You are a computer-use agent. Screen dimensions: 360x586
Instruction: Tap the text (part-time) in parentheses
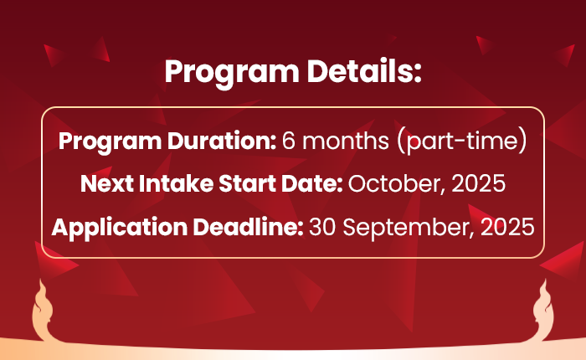pyautogui.click(x=464, y=141)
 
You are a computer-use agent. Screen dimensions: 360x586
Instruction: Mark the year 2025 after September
pyautogui.click(x=509, y=226)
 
